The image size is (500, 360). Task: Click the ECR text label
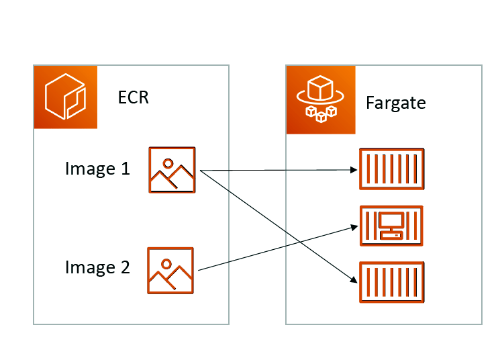[133, 97]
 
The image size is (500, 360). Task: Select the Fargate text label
[396, 103]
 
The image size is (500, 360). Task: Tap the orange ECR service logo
[66, 97]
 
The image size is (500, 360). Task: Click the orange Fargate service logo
[317, 99]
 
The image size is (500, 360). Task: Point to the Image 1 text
[97, 168]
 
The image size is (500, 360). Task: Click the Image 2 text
[97, 267]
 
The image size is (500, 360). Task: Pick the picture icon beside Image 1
[171, 170]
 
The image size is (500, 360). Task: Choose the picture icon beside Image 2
[170, 271]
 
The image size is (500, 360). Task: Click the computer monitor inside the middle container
[389, 222]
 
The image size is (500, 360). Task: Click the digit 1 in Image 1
[125, 168]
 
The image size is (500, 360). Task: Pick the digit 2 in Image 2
[124, 267]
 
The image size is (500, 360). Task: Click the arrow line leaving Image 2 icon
[268, 251]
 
